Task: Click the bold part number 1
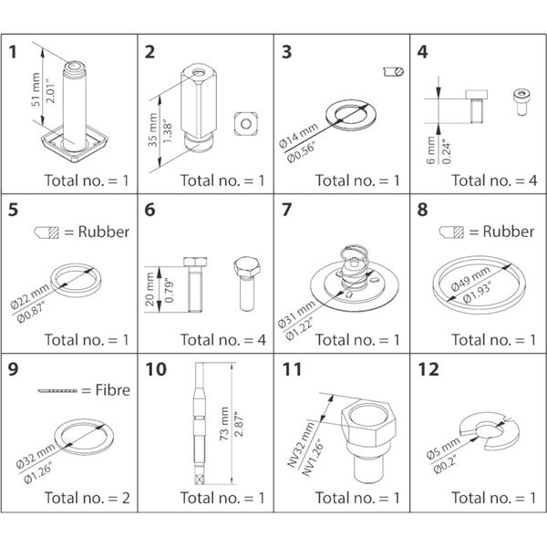tap(13, 51)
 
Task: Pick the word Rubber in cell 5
tap(102, 232)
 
